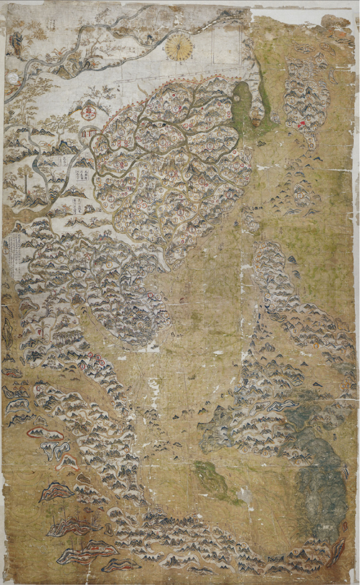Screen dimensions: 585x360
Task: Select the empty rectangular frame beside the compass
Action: [226, 43]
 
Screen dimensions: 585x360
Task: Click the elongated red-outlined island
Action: [45, 434]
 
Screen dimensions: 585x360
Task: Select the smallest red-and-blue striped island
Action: [121, 565]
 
